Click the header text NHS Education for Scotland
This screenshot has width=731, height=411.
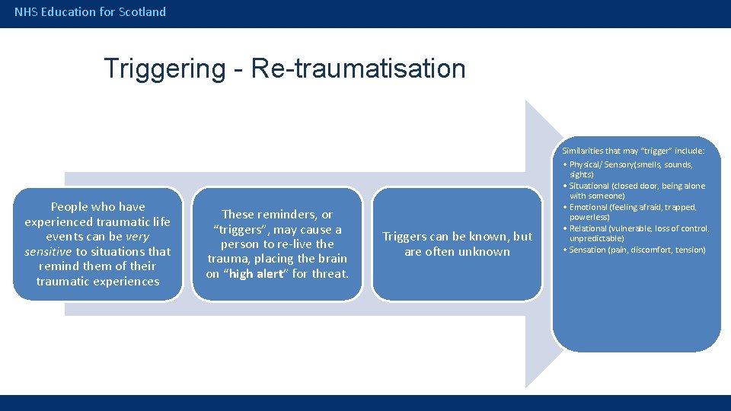(90, 11)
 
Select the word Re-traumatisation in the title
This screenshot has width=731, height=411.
(358, 68)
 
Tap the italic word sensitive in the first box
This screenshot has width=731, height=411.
(48, 251)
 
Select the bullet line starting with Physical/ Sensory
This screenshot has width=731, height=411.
(631, 164)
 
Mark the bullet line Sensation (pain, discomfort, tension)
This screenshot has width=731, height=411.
(636, 250)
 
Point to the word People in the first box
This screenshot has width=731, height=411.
(65, 207)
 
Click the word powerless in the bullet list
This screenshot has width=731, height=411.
(588, 217)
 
